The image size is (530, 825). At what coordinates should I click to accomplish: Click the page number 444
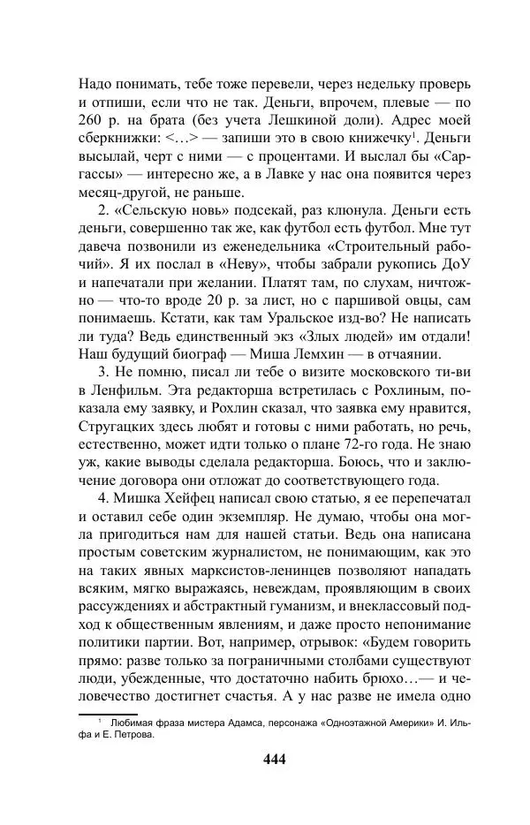(265, 758)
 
